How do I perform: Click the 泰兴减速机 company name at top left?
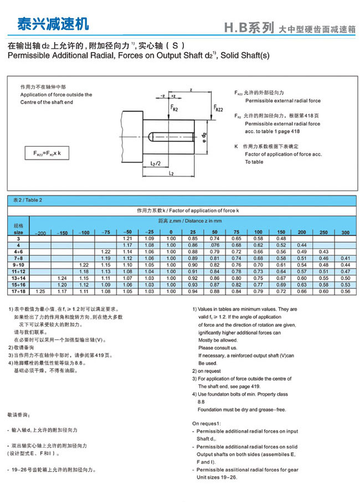point(52,24)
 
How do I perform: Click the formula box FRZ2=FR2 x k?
point(50,153)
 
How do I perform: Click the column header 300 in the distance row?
point(345,231)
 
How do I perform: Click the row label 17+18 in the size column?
point(18,291)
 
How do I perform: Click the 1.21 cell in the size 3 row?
point(127,238)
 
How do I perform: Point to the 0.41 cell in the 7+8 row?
point(345,258)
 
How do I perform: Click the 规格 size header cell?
point(18,229)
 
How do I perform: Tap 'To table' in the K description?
point(254,162)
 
